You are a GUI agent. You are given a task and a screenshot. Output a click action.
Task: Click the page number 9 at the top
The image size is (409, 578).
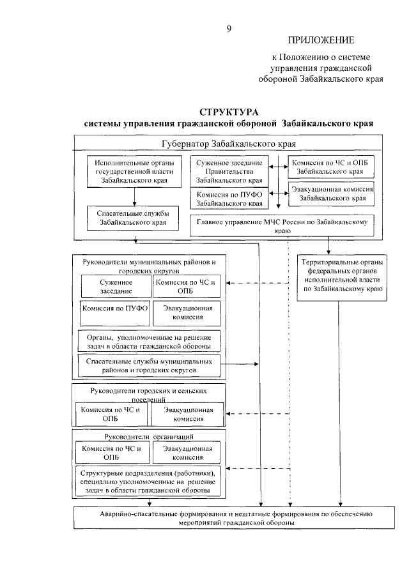229,27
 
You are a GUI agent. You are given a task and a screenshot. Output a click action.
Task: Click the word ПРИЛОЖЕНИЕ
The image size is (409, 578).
321,40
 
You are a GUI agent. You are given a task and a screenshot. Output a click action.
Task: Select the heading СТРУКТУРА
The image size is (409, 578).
228,111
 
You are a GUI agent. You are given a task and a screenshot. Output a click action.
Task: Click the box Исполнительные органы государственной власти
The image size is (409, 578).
133,172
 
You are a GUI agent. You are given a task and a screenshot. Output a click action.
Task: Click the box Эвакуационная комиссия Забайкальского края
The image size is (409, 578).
330,194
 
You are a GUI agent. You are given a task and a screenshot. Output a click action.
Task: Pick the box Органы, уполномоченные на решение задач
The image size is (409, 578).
149,340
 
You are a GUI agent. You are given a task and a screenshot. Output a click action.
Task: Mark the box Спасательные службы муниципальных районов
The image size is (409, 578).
149,365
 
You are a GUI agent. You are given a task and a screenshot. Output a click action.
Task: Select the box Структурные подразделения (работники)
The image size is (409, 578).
149,481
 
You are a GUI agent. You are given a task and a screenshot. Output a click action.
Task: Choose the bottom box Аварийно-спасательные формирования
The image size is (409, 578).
240,517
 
